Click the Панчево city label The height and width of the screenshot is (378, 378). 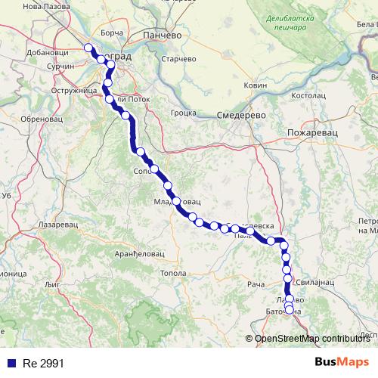point(161,36)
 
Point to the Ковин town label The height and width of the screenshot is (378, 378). point(256,85)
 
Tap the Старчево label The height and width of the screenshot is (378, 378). point(180,59)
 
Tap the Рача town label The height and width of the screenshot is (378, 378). point(256,283)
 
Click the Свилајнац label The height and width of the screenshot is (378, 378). point(311,280)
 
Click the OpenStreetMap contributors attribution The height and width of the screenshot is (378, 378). point(312,338)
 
